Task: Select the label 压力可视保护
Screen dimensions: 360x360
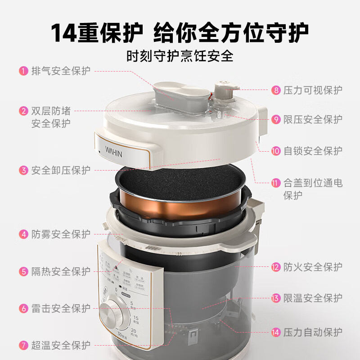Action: point(313,90)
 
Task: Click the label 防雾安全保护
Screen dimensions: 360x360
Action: point(61,234)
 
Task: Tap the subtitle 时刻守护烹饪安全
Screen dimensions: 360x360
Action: point(180,56)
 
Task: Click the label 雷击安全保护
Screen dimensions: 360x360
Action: point(61,308)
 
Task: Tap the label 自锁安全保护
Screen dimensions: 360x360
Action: point(313,150)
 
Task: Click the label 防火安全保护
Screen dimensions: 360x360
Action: point(313,267)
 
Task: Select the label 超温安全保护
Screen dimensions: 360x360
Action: point(61,345)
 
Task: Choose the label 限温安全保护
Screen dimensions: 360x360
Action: point(313,298)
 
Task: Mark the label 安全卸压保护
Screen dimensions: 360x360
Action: point(61,170)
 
